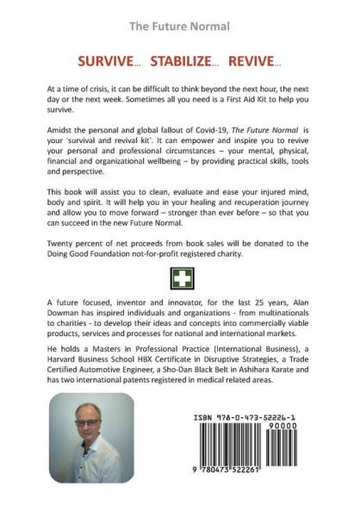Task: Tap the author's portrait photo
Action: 92,437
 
